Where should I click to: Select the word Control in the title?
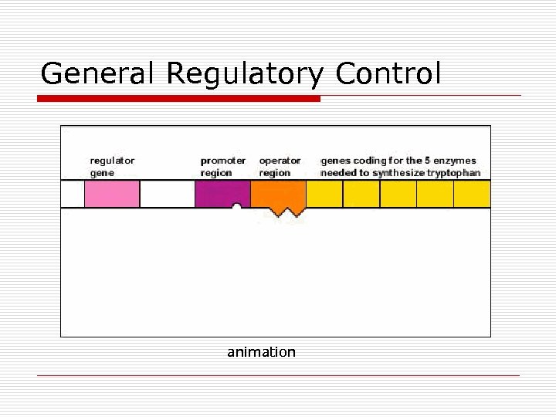pos(388,73)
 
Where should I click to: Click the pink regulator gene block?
pos(112,194)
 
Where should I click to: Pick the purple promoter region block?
pos(222,193)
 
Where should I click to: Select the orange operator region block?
pos(278,193)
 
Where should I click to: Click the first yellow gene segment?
pos(324,194)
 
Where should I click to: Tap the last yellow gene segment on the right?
pos(472,194)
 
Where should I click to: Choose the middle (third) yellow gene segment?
pos(398,194)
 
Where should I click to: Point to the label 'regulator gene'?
pos(112,167)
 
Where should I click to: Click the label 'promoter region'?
pos(223,167)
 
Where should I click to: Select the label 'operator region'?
pos(280,167)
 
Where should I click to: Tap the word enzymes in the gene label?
pos(456,161)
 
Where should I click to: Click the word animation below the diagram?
pos(261,352)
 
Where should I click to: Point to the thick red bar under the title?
pos(180,99)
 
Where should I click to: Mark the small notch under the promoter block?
pos(237,206)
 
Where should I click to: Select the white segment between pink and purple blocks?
pos(167,194)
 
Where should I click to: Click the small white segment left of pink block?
pos(73,194)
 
